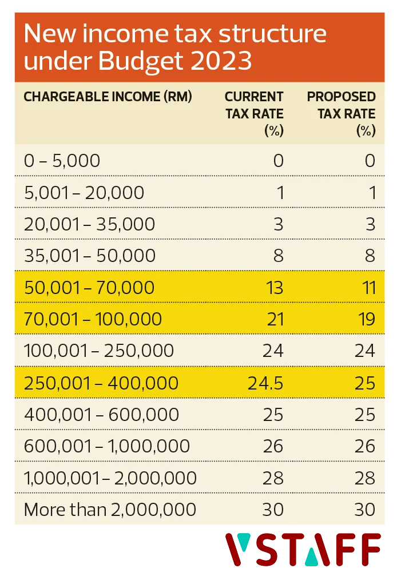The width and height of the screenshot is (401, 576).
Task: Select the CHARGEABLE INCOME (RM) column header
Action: pos(108,97)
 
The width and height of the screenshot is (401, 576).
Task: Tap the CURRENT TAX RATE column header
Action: pos(255,113)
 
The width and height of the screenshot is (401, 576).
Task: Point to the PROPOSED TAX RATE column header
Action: pos(342,113)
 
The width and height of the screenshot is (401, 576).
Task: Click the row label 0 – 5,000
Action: pos(62,161)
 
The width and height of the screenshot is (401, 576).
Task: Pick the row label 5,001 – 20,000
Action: pos(84,193)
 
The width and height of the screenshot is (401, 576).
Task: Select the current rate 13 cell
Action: pos(275,287)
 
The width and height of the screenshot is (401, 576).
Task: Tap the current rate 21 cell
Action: pos(275,319)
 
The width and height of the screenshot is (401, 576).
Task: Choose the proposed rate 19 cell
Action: pos(366,319)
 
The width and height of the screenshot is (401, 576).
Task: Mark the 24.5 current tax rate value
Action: pos(265,382)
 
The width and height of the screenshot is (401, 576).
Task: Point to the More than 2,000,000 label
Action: pos(110,509)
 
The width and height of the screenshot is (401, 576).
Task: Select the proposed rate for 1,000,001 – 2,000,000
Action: pos(365,477)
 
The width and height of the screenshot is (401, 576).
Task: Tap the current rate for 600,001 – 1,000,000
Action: pos(273,446)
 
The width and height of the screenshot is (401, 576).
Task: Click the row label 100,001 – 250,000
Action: pos(99,350)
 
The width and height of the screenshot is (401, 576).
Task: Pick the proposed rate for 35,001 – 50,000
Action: pos(370,256)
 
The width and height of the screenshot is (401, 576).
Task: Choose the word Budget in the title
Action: pos(136,61)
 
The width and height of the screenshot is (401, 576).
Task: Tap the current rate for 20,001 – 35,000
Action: pos(278,224)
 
